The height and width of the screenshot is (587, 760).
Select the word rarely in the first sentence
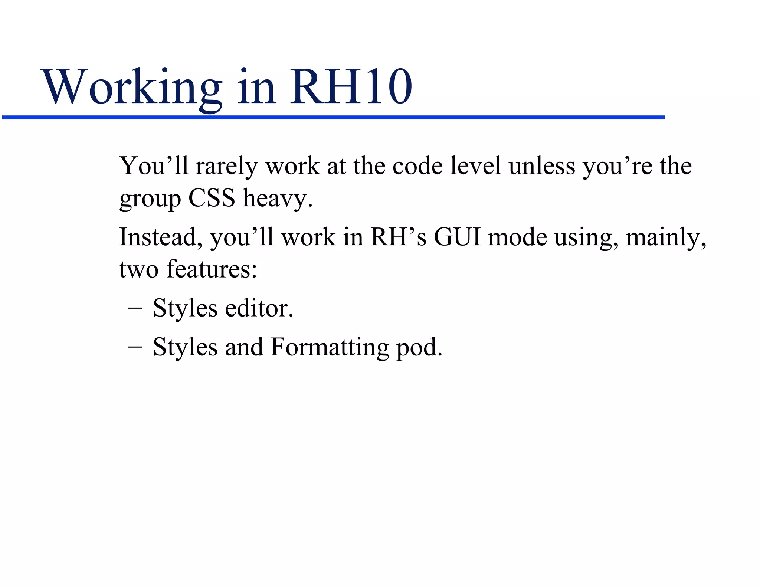[x=226, y=166]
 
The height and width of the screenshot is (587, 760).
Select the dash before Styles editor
[x=134, y=308]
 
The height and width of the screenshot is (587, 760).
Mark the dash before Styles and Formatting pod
[x=134, y=347]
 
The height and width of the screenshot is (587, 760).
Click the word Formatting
[x=330, y=347]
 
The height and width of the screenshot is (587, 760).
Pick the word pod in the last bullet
[x=419, y=347]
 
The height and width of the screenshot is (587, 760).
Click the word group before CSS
[x=150, y=199]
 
